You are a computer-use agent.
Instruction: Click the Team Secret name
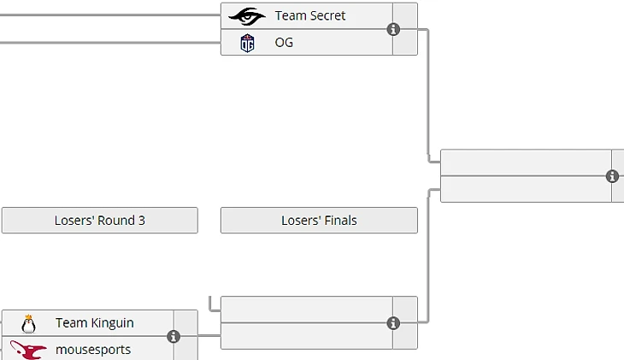pos(310,15)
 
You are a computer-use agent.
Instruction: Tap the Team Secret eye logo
pos(247,15)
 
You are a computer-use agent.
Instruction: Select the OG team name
pos(284,42)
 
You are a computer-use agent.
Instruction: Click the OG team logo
pos(247,42)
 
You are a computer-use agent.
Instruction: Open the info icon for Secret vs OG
pos(393,29)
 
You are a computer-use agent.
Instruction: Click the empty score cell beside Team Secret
pos(405,15)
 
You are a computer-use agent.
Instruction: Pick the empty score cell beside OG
pos(405,43)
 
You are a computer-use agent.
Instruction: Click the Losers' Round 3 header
pos(99,221)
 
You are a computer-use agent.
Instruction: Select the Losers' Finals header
pos(319,221)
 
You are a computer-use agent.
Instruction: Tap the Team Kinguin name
pos(94,323)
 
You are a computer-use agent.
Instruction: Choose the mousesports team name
pos(93,350)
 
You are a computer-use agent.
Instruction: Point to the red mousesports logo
pos(28,350)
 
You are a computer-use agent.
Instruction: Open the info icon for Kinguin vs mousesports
pos(174,336)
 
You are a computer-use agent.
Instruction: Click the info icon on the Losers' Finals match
pos(393,323)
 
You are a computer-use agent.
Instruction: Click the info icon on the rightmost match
pos(612,176)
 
